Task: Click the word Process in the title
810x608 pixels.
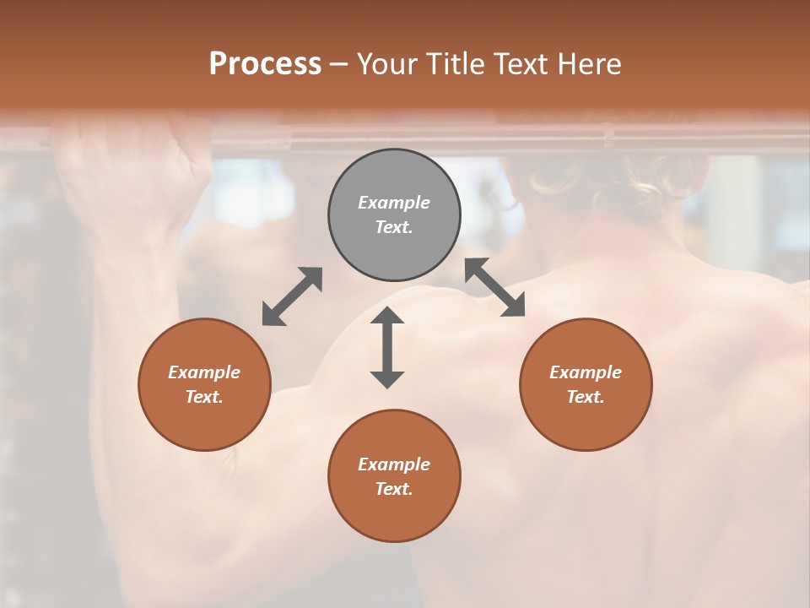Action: pos(265,64)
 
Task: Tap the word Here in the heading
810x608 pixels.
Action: pos(589,64)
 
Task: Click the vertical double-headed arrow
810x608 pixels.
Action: pos(387,347)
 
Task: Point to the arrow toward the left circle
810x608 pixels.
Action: pos(292,296)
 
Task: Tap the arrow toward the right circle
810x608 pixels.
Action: pos(494,287)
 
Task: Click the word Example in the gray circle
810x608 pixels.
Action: pos(394,203)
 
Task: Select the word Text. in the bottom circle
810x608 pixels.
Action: pos(394,489)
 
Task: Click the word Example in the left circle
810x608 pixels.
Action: pos(204,372)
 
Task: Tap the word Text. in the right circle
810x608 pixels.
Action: pos(586,397)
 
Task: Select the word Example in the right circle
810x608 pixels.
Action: pos(586,372)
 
